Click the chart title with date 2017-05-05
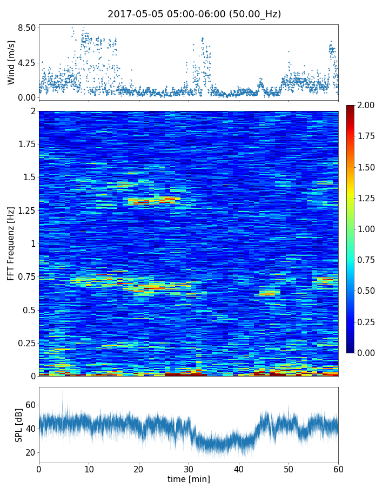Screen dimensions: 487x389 click(194, 14)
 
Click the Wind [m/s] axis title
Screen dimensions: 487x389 click(11, 62)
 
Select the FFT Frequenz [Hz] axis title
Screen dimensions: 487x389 click(11, 243)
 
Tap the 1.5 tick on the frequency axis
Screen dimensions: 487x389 click(29, 177)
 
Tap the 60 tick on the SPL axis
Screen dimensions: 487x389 click(30, 405)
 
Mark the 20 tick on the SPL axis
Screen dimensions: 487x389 click(30, 452)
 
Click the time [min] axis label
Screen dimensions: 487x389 click(189, 479)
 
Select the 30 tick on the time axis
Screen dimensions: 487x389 click(189, 468)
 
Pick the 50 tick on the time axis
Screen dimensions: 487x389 click(289, 468)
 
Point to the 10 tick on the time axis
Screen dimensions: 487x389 click(89, 468)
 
